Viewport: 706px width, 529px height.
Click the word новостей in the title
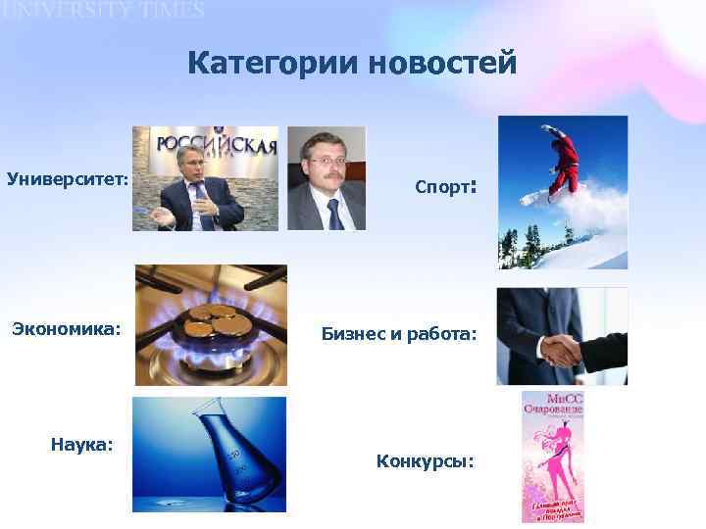click(440, 65)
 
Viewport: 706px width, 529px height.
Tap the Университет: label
click(68, 179)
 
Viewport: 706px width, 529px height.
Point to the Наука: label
click(81, 445)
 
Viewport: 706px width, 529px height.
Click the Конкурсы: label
click(425, 459)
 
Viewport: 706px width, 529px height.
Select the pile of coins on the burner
click(213, 316)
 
